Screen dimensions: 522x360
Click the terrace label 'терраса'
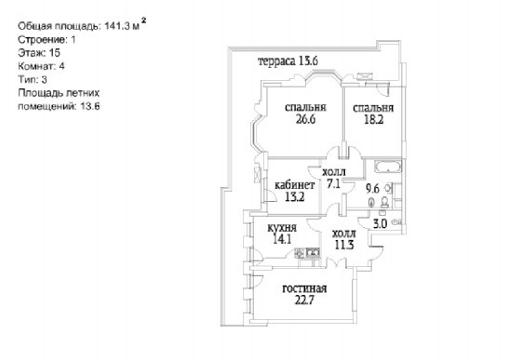pos(276,61)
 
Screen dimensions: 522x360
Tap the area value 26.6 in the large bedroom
pos(305,119)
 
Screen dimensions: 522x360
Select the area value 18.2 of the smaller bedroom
pos(373,119)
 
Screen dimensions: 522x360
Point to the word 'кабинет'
pos(294,185)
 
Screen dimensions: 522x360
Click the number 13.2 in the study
pos(295,197)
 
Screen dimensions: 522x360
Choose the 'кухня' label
pos(282,228)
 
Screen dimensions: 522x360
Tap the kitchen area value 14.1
pos(282,239)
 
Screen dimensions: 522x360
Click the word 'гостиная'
pos(304,288)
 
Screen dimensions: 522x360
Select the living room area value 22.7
pos(304,300)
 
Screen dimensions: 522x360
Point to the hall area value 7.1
pos(333,183)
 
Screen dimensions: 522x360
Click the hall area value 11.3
pos(344,246)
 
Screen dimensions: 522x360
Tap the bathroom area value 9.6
pos(372,189)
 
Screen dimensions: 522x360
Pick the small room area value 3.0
pos(380,224)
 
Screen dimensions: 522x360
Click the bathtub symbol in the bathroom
pos(387,167)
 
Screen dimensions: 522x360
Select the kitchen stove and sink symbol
pos(307,254)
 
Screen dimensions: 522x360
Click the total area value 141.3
pos(117,26)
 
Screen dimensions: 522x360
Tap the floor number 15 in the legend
pos(55,53)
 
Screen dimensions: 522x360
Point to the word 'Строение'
pos(42,40)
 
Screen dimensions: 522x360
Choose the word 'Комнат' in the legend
pos(37,66)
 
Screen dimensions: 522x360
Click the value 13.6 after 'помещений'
pos(90,106)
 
